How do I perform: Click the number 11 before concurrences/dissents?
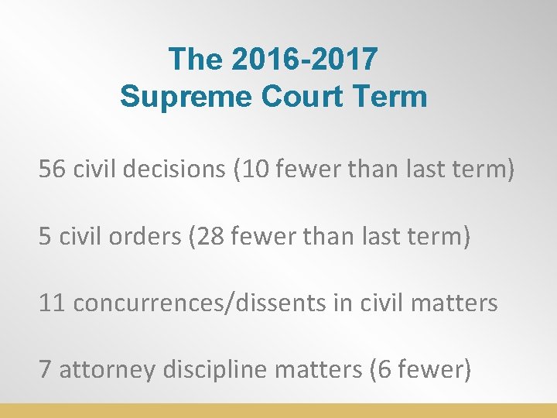(x=52, y=303)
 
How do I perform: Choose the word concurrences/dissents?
(x=200, y=303)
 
